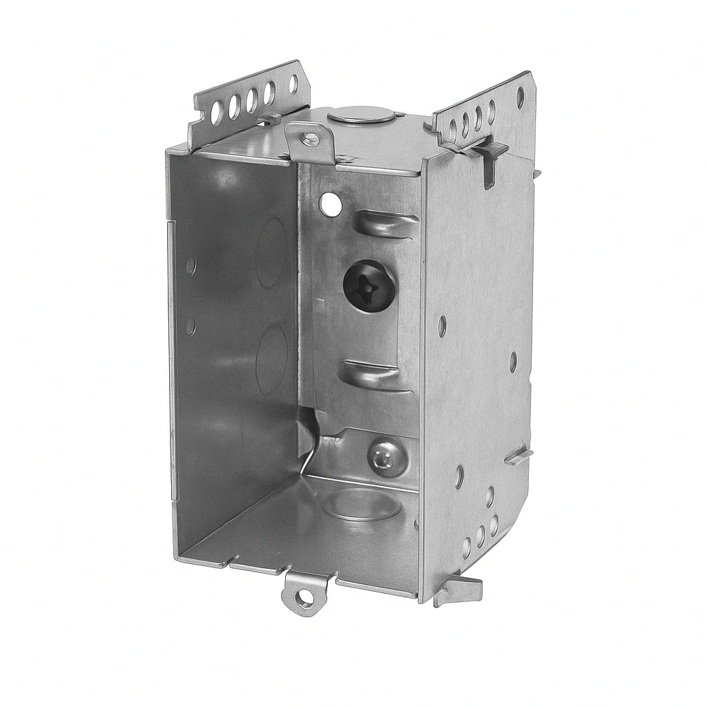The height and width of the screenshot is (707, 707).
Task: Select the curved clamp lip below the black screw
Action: (x=376, y=374)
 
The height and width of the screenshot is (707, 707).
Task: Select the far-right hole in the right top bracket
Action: (x=520, y=96)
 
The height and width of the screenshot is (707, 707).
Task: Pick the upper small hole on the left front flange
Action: (x=191, y=264)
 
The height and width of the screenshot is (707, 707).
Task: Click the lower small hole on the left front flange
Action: (x=191, y=325)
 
